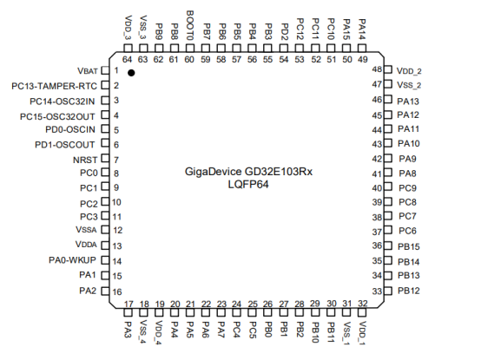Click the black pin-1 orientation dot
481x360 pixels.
click(131, 73)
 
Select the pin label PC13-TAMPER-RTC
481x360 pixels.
click(54, 86)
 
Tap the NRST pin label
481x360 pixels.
click(85, 160)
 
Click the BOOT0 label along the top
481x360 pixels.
click(190, 25)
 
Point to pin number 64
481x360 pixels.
click(127, 60)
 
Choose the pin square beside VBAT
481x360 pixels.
click(105, 70)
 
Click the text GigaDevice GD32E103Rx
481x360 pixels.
click(248, 172)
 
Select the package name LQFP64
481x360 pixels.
click(248, 185)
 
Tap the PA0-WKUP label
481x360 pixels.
click(72, 260)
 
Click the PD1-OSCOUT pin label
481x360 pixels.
click(65, 145)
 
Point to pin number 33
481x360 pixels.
click(377, 291)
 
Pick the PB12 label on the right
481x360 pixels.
click(409, 291)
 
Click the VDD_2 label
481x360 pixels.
click(409, 71)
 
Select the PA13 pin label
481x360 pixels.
click(408, 101)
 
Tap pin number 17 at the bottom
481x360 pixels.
click(128, 304)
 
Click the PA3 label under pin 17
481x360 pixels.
click(128, 330)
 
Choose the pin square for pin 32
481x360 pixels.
click(362, 312)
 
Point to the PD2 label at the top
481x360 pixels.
click(284, 32)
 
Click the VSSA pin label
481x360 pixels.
click(86, 230)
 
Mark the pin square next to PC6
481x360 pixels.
click(388, 230)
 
